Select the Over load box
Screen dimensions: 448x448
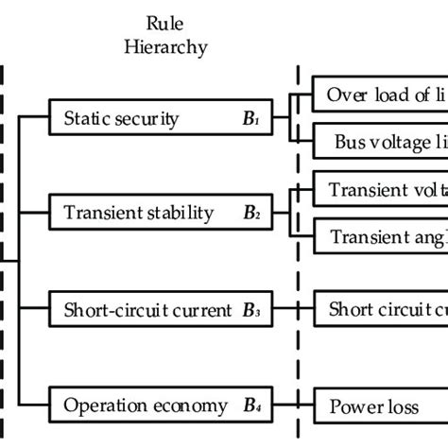[x=382, y=95]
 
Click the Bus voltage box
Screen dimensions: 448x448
[x=382, y=143]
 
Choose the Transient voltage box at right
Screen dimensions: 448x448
[x=382, y=189]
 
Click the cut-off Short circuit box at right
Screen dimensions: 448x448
[x=382, y=309]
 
